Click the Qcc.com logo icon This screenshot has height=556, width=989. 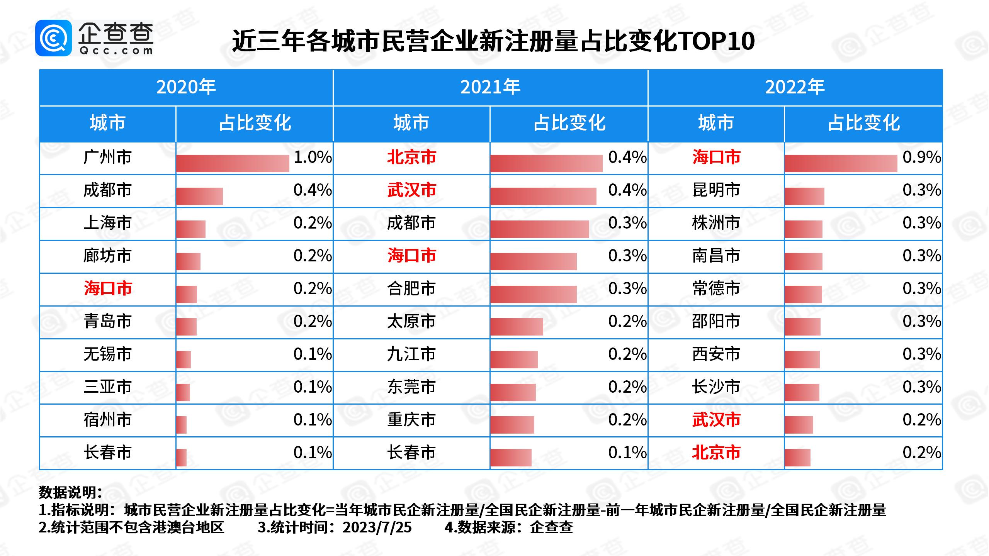pos(53,38)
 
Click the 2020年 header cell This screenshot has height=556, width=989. pos(186,87)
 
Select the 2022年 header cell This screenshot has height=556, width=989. pos(795,87)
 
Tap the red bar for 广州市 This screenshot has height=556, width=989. pos(233,163)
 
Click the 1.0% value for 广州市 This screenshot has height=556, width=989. pos(313,157)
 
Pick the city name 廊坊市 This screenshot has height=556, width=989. pos(107,256)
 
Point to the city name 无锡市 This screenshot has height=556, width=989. pos(107,354)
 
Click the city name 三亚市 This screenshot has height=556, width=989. pos(107,387)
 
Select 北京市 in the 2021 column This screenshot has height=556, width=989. pos(411,157)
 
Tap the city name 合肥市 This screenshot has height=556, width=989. pos(411,288)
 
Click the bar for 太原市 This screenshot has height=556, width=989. pos(517,327)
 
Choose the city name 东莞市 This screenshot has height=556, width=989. pos(411,387)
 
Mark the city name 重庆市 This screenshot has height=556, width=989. pos(411,420)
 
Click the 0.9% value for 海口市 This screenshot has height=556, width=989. pos(921,157)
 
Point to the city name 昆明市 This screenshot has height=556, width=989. pos(716,190)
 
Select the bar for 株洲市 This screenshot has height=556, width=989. pos(804,229)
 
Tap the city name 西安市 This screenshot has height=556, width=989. pos(716,354)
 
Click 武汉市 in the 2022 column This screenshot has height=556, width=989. pos(716,420)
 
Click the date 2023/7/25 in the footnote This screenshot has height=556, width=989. pos(377,527)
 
